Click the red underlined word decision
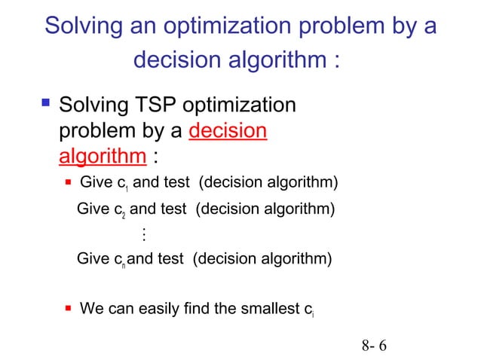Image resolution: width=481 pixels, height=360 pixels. [x=228, y=131]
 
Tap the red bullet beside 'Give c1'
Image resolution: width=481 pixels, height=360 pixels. [x=68, y=182]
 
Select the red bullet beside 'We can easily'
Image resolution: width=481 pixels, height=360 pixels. [x=68, y=308]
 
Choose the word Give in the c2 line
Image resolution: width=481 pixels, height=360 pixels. [x=93, y=209]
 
